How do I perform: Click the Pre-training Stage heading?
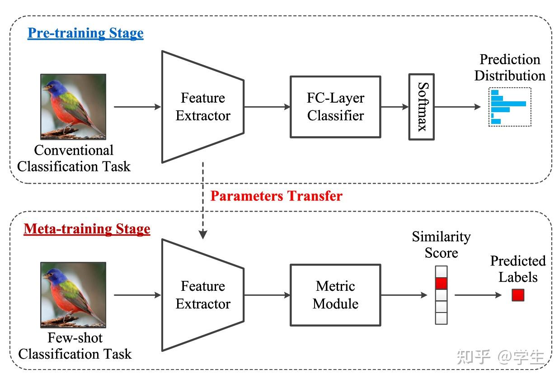(85, 33)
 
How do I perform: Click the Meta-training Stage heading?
(87, 229)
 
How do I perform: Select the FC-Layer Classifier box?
(335, 107)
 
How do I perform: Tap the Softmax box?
(422, 107)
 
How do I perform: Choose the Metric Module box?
(335, 295)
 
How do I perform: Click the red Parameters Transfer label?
(276, 196)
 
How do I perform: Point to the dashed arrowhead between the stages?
(203, 234)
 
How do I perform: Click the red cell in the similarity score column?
(441, 284)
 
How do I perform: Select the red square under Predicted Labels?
(518, 295)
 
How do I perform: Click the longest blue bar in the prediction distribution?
(508, 104)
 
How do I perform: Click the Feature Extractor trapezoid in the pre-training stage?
(203, 107)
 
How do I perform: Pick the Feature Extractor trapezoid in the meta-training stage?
(203, 295)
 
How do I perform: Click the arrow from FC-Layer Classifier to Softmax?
(395, 107)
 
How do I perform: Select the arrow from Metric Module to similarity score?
(404, 295)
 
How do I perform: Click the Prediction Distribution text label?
(510, 67)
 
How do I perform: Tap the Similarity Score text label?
(441, 245)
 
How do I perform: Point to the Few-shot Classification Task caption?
(75, 346)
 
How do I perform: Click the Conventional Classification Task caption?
(74, 158)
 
